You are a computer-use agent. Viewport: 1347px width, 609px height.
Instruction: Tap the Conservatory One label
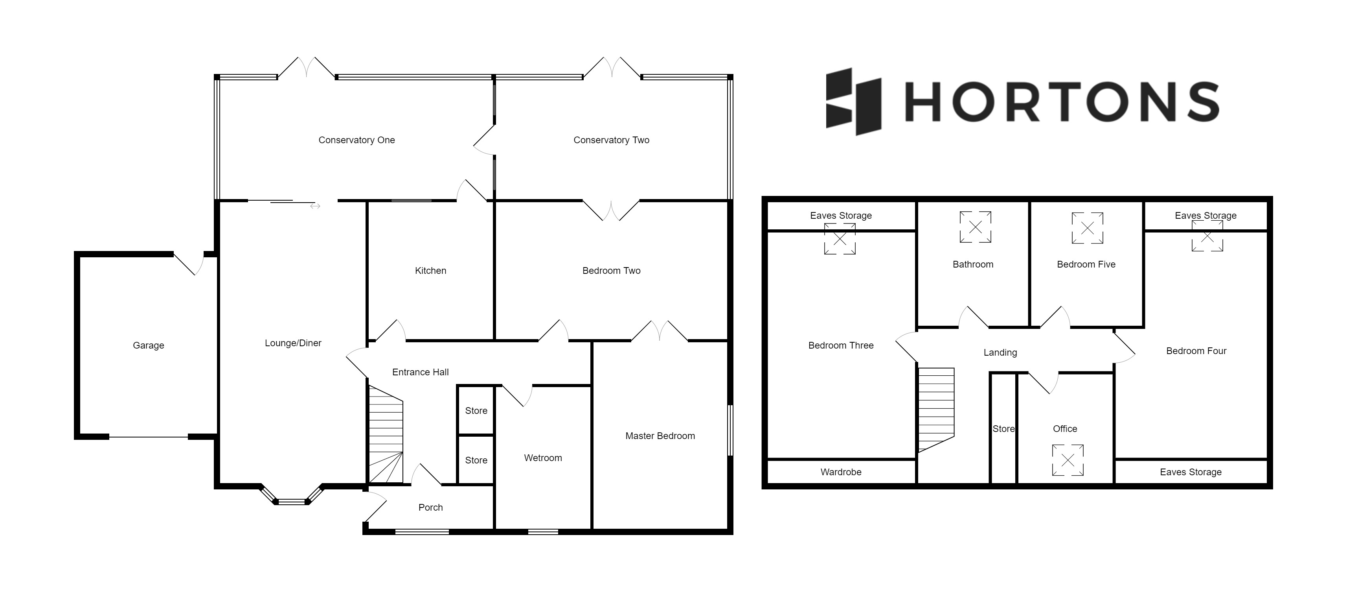(x=356, y=140)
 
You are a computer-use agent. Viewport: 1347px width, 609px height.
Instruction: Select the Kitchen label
(x=430, y=271)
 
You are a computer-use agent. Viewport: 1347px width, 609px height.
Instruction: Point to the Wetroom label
(x=543, y=458)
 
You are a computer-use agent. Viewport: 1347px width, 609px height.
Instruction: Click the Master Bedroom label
(x=660, y=436)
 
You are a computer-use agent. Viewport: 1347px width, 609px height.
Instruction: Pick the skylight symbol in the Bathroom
(x=975, y=227)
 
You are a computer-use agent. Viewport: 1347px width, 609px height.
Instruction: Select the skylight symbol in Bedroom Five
(x=1087, y=228)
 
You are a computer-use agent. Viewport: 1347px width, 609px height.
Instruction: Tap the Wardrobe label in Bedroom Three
(x=840, y=472)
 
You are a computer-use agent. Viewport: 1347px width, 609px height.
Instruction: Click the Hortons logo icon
(x=853, y=101)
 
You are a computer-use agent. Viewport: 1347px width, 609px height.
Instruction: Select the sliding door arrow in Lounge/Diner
(x=315, y=206)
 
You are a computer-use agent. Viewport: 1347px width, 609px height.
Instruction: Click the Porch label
(x=430, y=507)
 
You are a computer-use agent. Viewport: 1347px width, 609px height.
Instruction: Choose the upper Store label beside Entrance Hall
(x=476, y=411)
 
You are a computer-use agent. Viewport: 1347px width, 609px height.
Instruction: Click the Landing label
(x=1000, y=352)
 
